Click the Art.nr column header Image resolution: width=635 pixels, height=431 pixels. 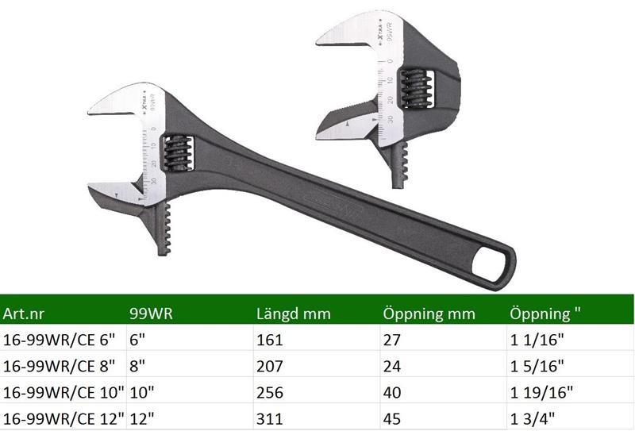(23, 314)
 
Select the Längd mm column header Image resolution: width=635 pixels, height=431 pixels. (293, 314)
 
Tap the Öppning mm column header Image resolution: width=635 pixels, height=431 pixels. (429, 314)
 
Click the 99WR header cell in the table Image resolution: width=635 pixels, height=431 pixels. (151, 314)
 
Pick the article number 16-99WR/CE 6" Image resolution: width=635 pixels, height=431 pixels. (59, 340)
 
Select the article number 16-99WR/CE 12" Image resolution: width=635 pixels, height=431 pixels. (63, 418)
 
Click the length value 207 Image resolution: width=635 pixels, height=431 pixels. (269, 366)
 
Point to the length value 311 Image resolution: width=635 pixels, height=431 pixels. (269, 418)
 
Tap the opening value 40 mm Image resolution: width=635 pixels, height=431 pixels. (391, 393)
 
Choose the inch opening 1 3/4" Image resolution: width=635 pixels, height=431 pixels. (532, 418)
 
